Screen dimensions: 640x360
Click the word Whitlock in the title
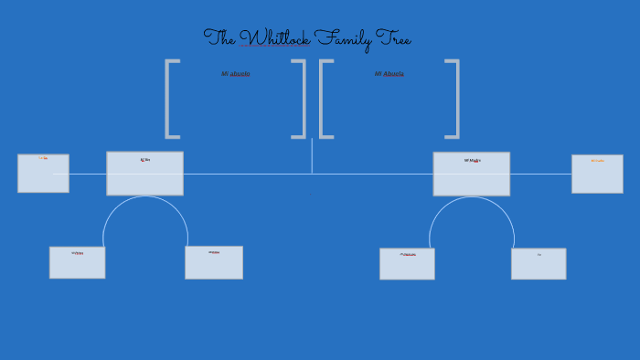pyautogui.click(x=274, y=38)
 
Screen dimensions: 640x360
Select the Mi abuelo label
pyautogui.click(x=235, y=73)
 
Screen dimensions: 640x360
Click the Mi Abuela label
pyautogui.click(x=389, y=73)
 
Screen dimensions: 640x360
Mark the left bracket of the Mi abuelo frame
pyautogui.click(x=168, y=99)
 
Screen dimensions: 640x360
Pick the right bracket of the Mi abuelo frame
pyautogui.click(x=302, y=99)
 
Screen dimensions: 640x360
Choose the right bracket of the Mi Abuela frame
pyautogui.click(x=455, y=99)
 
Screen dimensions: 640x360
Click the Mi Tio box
pyautogui.click(x=144, y=174)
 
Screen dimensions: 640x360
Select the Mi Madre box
pyautogui.click(x=471, y=174)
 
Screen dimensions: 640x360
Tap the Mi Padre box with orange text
pyautogui.click(x=597, y=174)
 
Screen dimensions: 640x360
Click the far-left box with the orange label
pyautogui.click(x=43, y=173)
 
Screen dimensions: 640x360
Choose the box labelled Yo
pyautogui.click(x=539, y=263)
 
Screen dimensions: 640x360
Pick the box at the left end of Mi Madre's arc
pyautogui.click(x=407, y=263)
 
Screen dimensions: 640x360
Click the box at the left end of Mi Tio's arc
pyautogui.click(x=77, y=262)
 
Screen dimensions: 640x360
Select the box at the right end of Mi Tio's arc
pyautogui.click(x=214, y=262)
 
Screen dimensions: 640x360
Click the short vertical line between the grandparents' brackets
pyautogui.click(x=312, y=155)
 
